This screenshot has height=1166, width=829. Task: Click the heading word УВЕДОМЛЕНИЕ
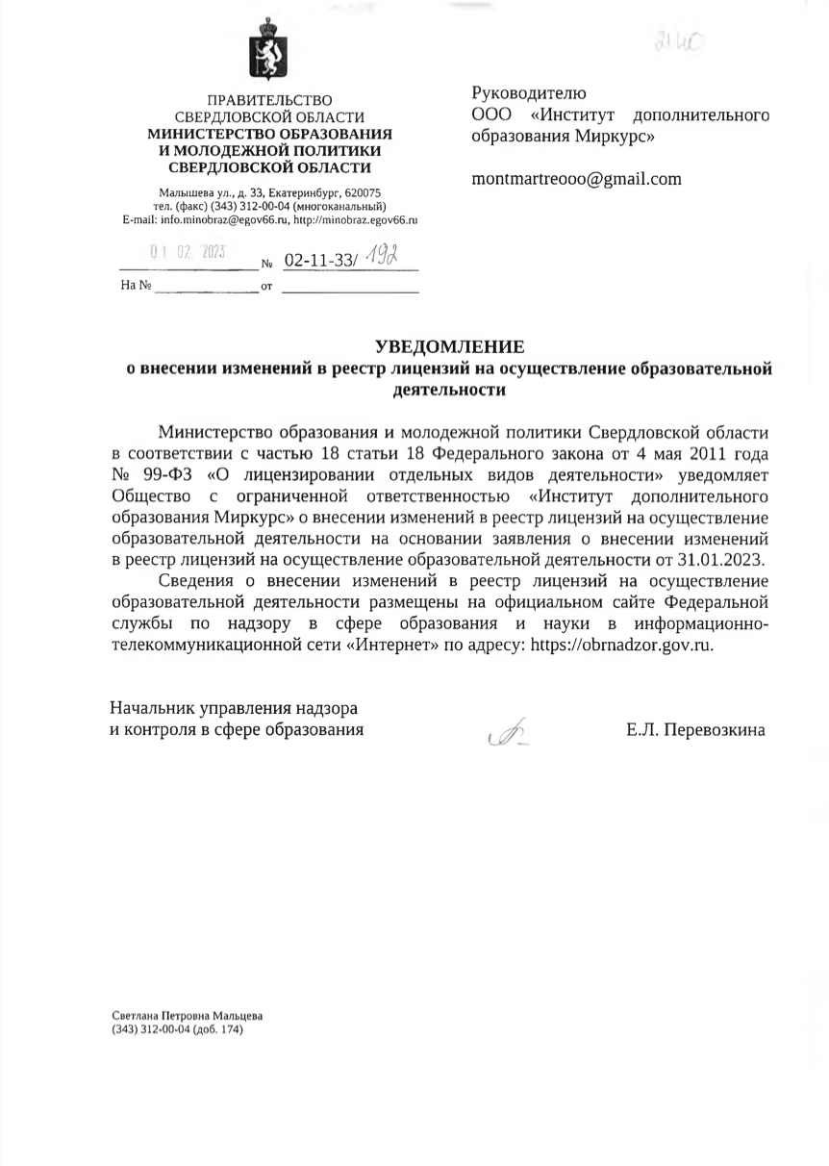tap(449, 346)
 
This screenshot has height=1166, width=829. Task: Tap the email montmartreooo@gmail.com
tap(576, 179)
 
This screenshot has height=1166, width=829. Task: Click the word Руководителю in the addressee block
tap(528, 93)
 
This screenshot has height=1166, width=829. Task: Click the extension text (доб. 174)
tap(218, 1029)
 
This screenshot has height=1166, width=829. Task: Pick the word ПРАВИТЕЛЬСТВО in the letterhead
tap(270, 100)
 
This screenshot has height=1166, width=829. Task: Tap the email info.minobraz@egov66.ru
tap(213, 219)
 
